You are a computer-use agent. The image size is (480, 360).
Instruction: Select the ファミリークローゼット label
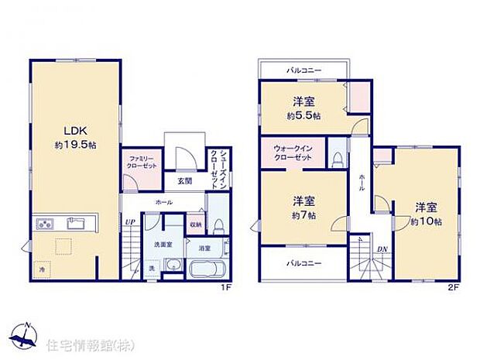point(143,163)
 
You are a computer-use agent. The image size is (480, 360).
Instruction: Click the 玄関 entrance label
point(184,181)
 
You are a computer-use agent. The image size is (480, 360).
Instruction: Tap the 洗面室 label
point(162,245)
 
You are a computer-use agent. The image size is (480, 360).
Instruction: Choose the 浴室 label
point(204,249)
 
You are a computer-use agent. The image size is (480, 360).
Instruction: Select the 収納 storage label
point(197,225)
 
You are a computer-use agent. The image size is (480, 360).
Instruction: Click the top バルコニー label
point(304,70)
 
